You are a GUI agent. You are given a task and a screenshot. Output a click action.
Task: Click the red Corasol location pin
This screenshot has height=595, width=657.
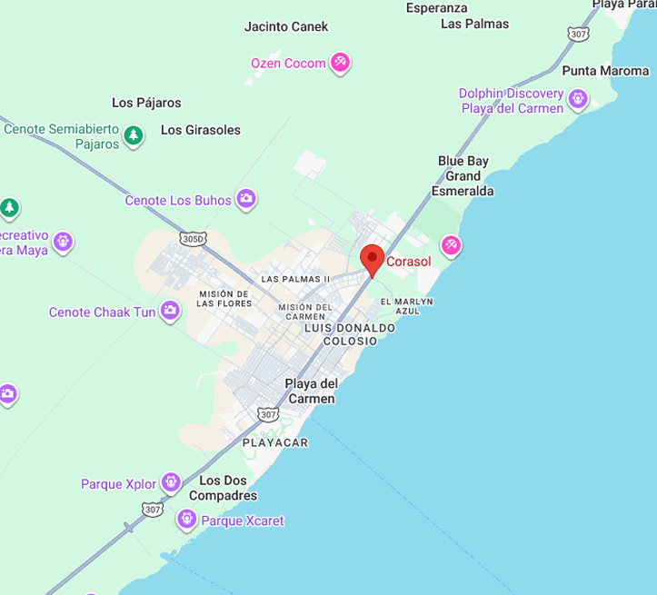[372, 259]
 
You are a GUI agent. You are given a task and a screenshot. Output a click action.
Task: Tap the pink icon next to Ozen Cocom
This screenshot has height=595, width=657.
[340, 63]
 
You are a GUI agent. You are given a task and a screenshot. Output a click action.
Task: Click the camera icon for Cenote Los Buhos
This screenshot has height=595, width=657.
[246, 199]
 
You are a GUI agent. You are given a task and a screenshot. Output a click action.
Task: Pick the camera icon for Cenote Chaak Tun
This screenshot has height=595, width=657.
[170, 312]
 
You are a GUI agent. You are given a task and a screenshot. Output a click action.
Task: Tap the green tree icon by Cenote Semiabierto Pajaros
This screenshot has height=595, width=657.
[134, 136]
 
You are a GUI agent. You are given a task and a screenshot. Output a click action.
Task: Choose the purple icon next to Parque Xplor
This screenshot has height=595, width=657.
[171, 482]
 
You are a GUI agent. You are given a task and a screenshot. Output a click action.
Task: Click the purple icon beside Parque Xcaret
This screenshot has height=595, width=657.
[186, 520]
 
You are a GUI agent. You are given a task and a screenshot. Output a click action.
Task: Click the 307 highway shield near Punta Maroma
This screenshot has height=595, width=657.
[579, 34]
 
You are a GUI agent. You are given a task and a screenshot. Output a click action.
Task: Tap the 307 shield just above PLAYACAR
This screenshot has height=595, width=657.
[267, 414]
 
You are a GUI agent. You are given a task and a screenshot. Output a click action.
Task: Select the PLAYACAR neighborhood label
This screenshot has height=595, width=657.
[275, 442]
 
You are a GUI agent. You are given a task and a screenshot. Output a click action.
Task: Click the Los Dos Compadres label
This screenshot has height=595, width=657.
[223, 488]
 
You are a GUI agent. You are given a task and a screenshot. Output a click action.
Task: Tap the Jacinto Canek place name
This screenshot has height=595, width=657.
[286, 26]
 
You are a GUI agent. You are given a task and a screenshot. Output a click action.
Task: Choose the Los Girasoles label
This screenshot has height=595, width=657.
[201, 130]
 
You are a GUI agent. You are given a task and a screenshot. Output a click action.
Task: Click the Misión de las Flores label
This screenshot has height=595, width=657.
[223, 298]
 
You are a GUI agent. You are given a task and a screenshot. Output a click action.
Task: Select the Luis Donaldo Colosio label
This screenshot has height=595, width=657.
[350, 333]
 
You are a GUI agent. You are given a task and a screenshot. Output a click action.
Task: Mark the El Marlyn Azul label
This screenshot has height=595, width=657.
[406, 306]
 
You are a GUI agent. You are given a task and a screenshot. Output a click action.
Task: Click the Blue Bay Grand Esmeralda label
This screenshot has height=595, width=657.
[463, 175]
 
